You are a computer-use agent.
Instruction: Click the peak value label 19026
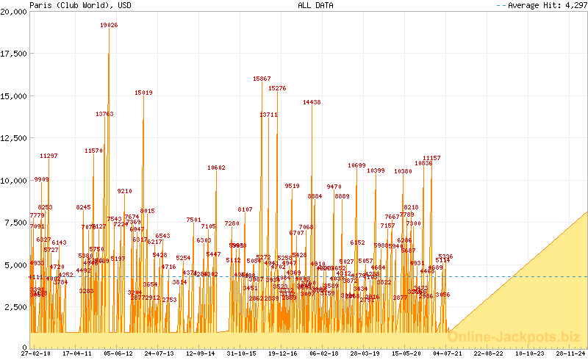tap(109, 25)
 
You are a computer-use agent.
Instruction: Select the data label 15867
tap(262, 79)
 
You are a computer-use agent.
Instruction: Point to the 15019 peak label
tap(143, 93)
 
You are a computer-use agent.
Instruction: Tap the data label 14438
tap(312, 102)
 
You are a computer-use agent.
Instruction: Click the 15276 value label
tap(277, 88)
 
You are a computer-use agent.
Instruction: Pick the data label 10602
tap(216, 168)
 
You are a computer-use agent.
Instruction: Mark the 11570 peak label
tap(93, 151)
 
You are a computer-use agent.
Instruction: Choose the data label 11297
tap(49, 156)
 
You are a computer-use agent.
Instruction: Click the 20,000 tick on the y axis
tap(15, 12)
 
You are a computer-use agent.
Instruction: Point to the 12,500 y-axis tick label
tap(15, 138)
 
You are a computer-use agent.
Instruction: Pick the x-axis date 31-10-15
tap(241, 353)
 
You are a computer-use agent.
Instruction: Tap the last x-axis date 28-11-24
tap(570, 353)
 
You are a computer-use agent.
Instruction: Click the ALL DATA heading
tap(315, 5)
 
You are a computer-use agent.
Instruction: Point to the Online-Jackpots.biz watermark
tap(515, 336)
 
